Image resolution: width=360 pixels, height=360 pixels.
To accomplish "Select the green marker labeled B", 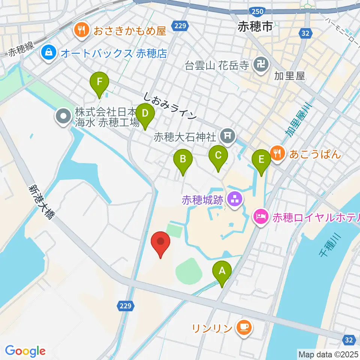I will pos(183,159).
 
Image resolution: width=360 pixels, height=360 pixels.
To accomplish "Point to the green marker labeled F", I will pos(99,82).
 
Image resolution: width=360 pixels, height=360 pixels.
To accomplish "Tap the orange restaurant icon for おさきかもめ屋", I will pos(81,30).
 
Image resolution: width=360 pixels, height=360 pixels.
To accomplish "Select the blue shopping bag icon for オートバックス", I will pos(49,53).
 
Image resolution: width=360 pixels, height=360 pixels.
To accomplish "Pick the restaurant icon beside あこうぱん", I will pos(277,153).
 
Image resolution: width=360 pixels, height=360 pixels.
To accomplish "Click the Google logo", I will pos(25,351).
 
